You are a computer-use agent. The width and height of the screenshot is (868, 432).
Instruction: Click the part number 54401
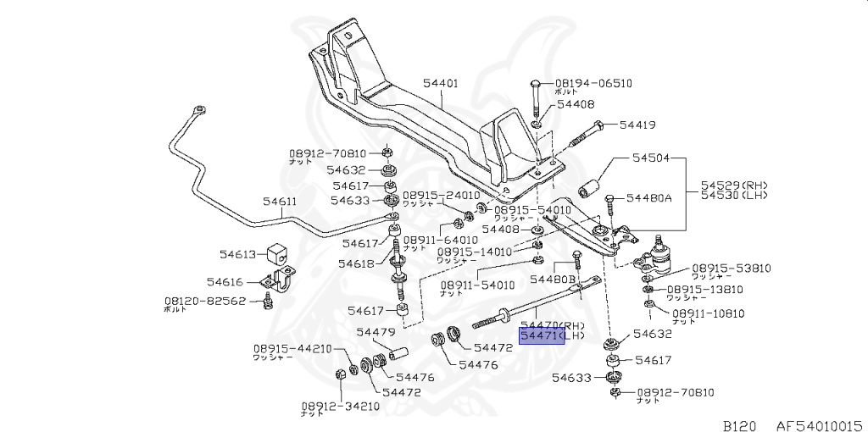coord(440,84)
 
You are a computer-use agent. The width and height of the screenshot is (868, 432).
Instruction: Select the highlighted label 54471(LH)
coord(553,336)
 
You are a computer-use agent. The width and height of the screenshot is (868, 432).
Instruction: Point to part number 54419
coord(637,125)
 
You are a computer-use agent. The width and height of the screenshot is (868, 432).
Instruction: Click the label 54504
coord(651,158)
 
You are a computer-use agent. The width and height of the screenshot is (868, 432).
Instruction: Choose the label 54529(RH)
coord(734,185)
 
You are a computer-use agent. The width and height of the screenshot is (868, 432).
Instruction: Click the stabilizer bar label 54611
coord(280,202)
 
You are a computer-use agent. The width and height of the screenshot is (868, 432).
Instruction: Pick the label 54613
coord(237,253)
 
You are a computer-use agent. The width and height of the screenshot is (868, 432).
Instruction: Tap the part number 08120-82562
coord(205,300)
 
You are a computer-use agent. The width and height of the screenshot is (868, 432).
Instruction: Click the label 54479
coord(376,332)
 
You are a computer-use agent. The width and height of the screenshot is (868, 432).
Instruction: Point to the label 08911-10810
coord(708,313)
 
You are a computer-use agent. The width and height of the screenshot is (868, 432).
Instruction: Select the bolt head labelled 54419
coord(598,125)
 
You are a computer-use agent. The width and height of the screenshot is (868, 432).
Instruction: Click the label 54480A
coord(648,197)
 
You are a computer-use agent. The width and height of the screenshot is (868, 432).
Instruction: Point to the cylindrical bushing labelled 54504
coord(590,186)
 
